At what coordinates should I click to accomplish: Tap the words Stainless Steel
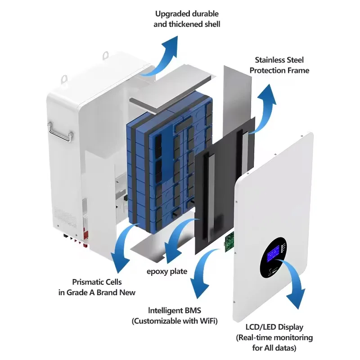click(x=279, y=60)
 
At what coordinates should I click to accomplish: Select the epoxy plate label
click(x=167, y=272)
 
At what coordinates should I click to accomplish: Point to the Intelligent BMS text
click(x=175, y=310)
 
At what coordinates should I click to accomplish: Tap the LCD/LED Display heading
click(x=274, y=327)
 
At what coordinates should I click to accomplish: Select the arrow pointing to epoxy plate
click(x=175, y=239)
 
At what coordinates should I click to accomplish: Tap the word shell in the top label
click(x=211, y=24)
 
